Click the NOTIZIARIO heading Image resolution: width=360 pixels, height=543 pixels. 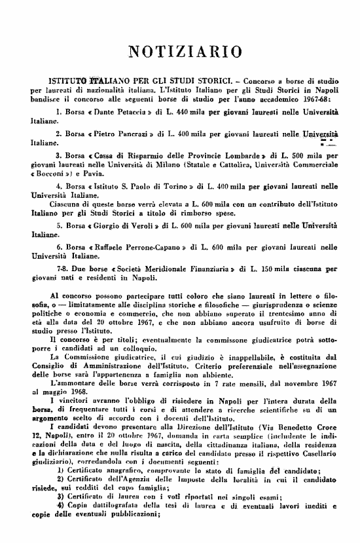point(179,51)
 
